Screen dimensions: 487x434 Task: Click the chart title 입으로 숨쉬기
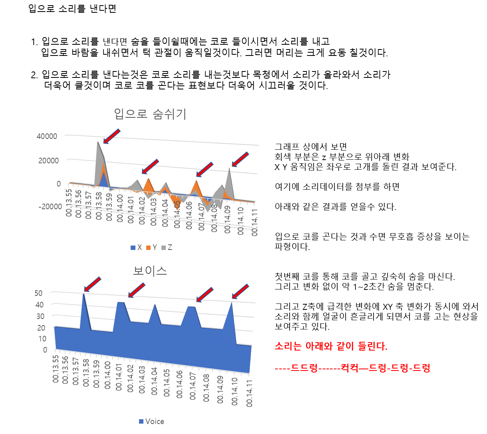150,114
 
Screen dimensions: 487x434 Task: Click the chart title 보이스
150,271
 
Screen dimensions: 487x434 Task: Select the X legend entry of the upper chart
136,247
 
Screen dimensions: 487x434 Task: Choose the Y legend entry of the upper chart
151,247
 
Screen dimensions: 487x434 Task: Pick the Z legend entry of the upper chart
167,247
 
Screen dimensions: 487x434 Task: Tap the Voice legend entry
151,421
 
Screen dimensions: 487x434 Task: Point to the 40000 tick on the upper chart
47,136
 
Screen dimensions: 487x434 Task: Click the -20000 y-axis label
50,206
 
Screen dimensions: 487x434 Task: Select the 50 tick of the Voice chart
38,293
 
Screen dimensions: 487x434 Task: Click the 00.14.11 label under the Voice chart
249,393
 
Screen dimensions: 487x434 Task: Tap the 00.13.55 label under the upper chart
69,203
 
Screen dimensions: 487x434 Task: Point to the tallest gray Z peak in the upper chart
98,142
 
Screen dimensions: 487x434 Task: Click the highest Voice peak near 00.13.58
83,294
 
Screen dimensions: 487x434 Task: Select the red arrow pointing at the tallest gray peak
112,136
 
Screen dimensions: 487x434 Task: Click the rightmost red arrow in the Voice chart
241,291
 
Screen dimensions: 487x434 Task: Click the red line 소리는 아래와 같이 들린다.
331,346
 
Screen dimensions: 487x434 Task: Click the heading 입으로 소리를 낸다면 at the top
72,9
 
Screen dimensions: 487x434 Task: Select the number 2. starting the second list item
34,75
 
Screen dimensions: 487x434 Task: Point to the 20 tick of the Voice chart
41,328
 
